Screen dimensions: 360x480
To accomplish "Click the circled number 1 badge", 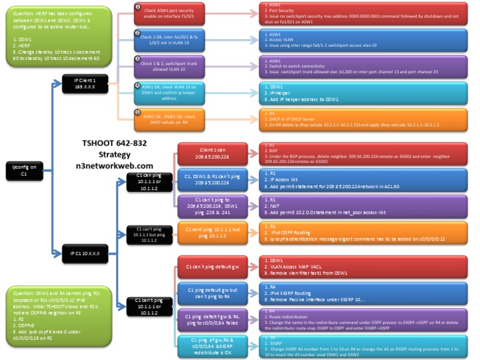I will tap(137, 6).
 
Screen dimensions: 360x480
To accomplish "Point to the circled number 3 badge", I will tap(137, 58).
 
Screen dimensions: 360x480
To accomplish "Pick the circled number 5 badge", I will tap(137, 111).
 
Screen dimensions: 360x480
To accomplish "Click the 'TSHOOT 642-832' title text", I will tap(114, 143).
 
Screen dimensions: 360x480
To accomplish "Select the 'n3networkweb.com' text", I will tap(114, 165).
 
